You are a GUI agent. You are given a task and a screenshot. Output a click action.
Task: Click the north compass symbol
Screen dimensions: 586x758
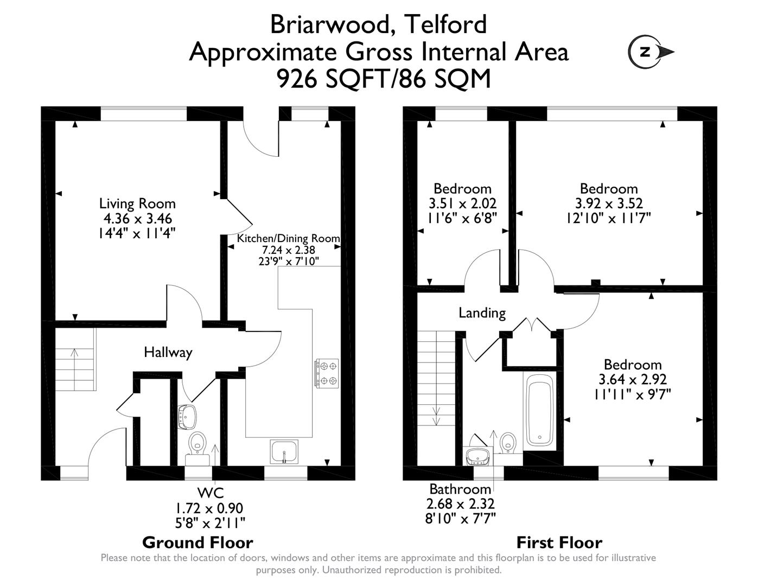click(x=651, y=52)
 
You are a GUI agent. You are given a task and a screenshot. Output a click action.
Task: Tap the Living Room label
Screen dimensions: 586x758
click(x=137, y=203)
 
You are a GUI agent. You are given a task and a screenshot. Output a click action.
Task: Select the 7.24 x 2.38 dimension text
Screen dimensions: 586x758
click(x=288, y=250)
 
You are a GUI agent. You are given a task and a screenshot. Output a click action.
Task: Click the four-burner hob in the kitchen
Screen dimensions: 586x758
click(x=326, y=373)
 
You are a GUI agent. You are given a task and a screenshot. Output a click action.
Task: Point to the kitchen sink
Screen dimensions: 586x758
click(x=284, y=452)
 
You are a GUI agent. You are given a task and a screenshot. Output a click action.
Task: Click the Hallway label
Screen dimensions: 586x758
click(x=168, y=353)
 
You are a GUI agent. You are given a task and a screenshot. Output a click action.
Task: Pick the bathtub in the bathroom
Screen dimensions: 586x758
click(x=539, y=410)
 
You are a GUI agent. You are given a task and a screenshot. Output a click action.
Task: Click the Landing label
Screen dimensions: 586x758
click(x=482, y=313)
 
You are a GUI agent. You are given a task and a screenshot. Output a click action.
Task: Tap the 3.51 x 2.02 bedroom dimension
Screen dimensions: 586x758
click(x=462, y=203)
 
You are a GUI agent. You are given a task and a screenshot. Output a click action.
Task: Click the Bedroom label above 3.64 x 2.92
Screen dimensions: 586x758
click(x=632, y=365)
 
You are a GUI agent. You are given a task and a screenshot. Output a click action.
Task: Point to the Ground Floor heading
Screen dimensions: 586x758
click(x=198, y=542)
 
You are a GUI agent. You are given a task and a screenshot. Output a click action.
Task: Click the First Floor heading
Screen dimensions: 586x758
click(x=559, y=542)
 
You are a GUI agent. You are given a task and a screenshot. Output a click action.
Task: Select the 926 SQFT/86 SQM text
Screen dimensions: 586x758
click(x=384, y=79)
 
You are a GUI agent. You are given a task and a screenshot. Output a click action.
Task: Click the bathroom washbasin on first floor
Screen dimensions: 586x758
click(x=478, y=456)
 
